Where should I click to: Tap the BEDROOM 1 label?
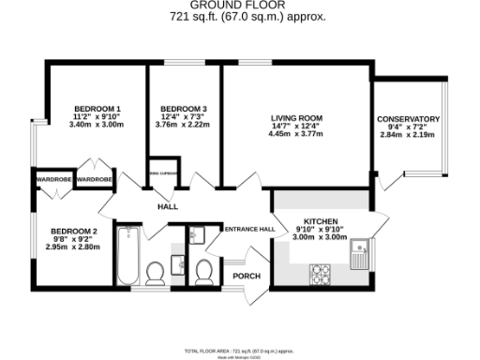click(x=97, y=109)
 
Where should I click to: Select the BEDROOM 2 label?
click(x=74, y=232)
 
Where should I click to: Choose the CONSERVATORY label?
click(x=408, y=120)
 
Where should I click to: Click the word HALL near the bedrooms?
click(x=167, y=206)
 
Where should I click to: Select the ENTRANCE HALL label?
click(x=248, y=229)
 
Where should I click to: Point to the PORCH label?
click(x=247, y=276)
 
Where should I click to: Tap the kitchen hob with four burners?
click(x=323, y=275)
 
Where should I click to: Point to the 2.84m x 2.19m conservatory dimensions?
click(x=408, y=135)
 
